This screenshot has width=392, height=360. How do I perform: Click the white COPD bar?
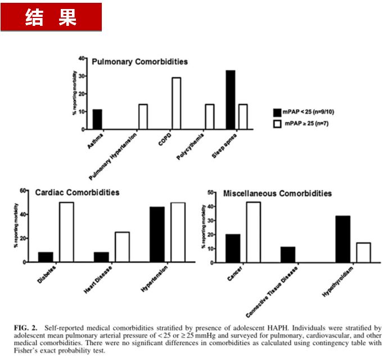177,103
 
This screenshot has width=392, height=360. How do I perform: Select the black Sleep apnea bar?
230,100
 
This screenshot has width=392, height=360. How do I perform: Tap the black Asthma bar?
97,119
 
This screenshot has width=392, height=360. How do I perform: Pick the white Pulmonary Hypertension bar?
143,117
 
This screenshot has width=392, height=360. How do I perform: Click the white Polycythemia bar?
209,117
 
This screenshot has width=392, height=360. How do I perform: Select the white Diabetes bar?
66,232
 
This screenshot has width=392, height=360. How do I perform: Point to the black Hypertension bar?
157,235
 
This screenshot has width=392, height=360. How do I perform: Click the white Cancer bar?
253,232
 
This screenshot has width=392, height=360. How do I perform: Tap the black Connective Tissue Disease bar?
287,254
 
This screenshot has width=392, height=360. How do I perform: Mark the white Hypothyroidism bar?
363,252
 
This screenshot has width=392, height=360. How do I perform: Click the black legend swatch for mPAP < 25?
277,112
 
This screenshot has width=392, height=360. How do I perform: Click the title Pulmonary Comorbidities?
139,61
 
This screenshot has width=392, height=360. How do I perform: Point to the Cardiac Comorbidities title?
77,192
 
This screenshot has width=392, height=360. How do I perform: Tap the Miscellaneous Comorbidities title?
277,193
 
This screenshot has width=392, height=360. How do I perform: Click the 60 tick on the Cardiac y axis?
24,190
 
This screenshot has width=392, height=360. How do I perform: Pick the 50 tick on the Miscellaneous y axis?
210,192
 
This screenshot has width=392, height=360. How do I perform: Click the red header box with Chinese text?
51,17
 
